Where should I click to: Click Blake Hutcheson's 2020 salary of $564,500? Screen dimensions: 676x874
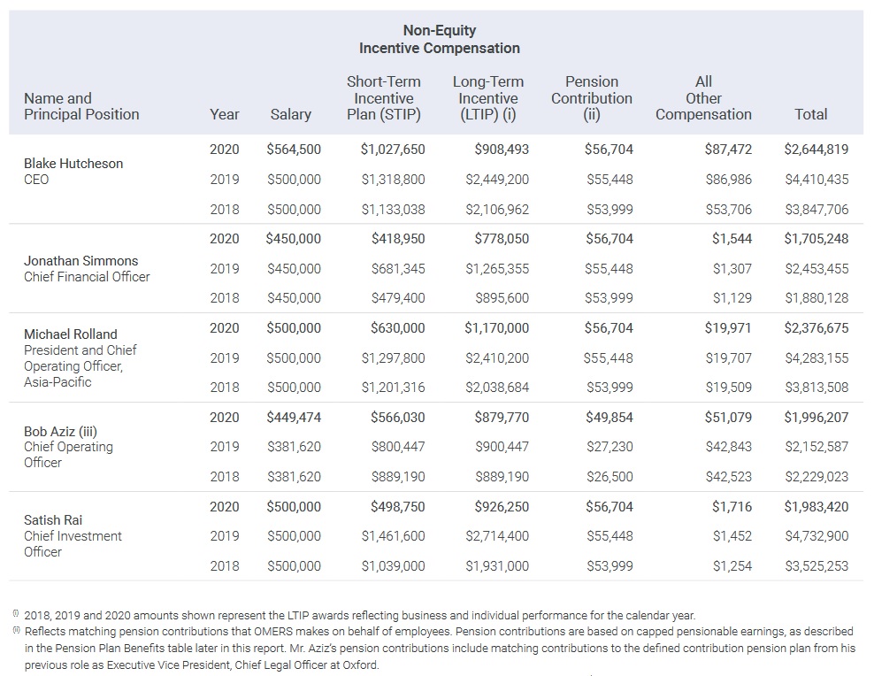pyautogui.click(x=293, y=150)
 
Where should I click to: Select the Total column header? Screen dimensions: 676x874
pyautogui.click(x=810, y=114)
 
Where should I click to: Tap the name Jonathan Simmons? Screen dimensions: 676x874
pyautogui.click(x=80, y=261)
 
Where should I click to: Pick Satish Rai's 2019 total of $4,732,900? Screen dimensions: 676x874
pyautogui.click(x=816, y=536)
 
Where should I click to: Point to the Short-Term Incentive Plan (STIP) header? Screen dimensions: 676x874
pyautogui.click(x=383, y=98)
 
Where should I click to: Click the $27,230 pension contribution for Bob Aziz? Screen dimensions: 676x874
pyautogui.click(x=609, y=447)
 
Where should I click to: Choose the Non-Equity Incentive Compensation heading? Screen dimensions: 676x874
pyautogui.click(x=439, y=40)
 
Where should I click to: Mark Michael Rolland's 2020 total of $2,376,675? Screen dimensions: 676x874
pyautogui.click(x=816, y=328)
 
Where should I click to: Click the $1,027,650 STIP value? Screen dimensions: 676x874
pyautogui.click(x=392, y=150)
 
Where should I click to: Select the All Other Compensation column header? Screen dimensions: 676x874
pyautogui.click(x=703, y=98)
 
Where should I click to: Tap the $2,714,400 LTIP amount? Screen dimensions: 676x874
pyautogui.click(x=496, y=536)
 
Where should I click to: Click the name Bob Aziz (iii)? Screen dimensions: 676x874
pyautogui.click(x=60, y=432)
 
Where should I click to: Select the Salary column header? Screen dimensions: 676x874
pyautogui.click(x=290, y=114)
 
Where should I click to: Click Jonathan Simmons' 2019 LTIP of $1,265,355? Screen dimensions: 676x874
pyautogui.click(x=496, y=269)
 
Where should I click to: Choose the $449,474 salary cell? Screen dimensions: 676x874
pyautogui.click(x=293, y=418)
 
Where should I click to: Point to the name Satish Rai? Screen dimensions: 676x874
pyautogui.click(x=52, y=520)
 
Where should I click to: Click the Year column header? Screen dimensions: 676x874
pyautogui.click(x=225, y=114)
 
